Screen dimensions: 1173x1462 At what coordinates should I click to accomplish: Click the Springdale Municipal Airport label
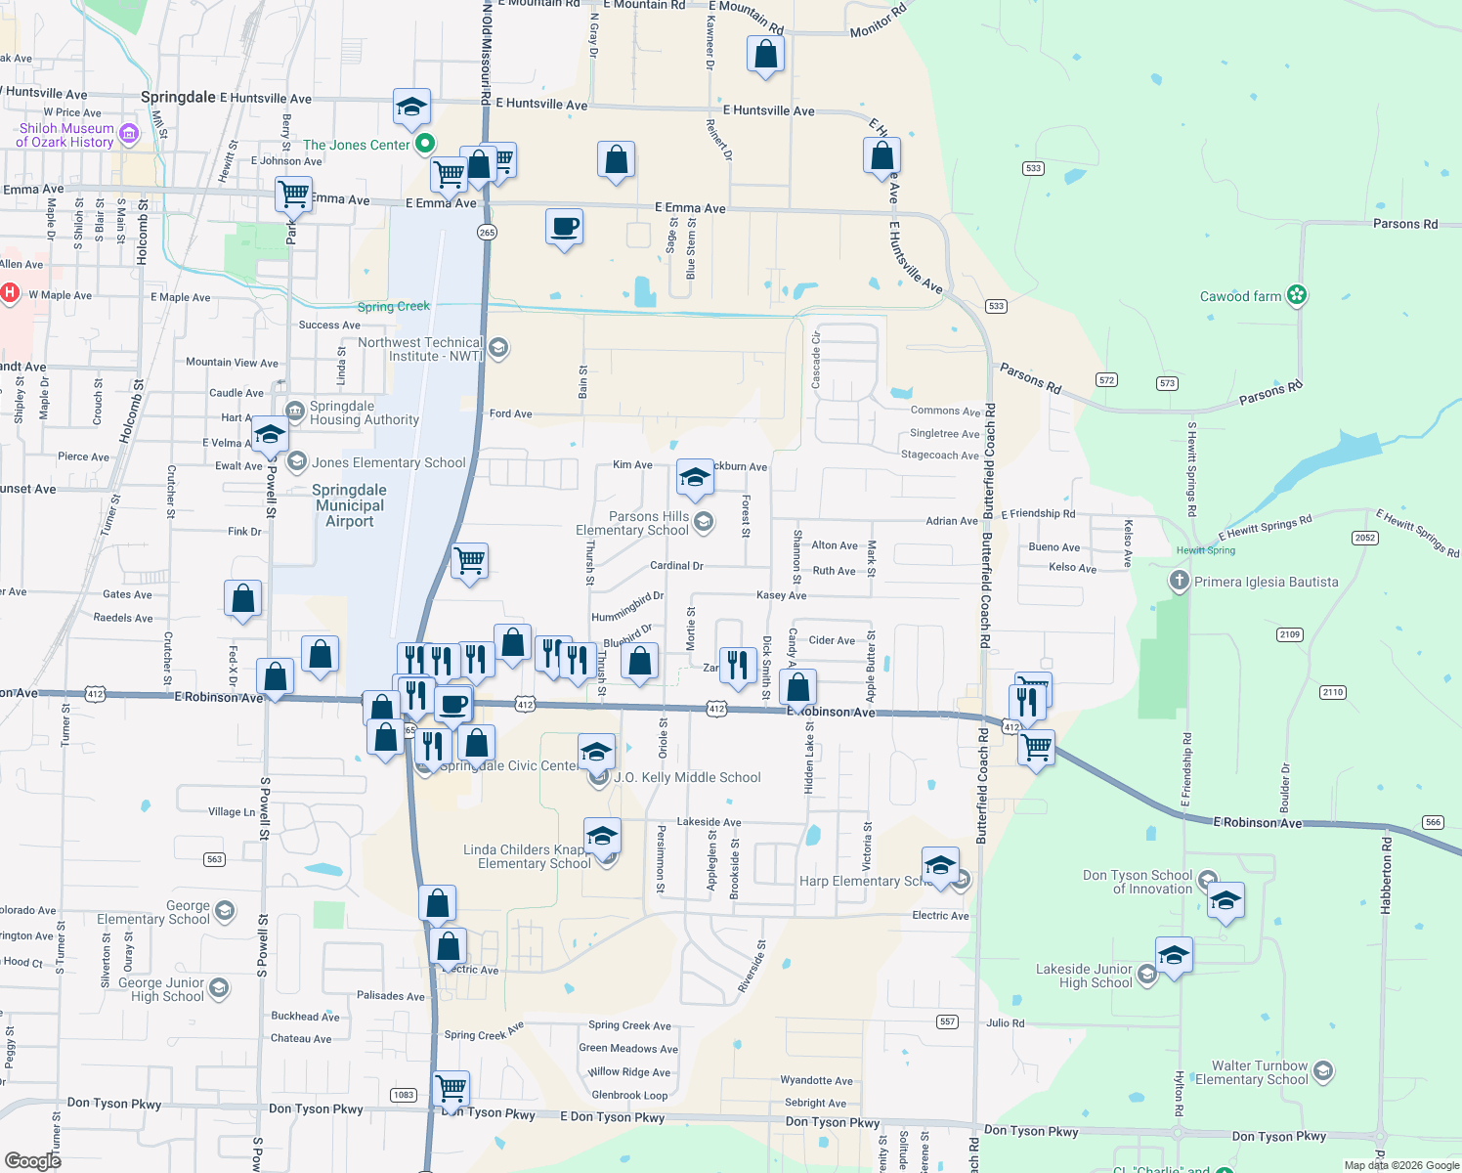(350, 505)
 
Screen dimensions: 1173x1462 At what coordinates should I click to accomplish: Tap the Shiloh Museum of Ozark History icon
(128, 134)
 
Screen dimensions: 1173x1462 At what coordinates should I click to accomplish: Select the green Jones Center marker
(425, 145)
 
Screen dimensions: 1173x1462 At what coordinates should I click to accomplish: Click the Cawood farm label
(1240, 296)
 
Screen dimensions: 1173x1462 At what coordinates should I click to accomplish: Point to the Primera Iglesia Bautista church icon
(1179, 582)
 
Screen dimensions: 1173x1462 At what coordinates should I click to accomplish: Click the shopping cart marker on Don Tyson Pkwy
(451, 1087)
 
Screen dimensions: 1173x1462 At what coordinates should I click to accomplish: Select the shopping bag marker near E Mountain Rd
(765, 55)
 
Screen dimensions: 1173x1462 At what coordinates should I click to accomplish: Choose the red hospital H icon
(10, 292)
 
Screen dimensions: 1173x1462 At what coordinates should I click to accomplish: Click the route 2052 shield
(1365, 538)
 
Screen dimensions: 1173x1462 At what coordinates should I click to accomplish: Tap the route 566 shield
(1434, 822)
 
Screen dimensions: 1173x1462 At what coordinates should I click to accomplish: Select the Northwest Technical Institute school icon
(498, 348)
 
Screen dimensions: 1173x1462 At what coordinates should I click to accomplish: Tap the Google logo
(32, 1160)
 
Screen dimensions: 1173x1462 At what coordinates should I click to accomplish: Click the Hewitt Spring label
(1206, 550)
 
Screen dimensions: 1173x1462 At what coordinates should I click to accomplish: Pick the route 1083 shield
(404, 1095)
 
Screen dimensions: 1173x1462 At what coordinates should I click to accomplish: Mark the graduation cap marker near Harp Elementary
(940, 866)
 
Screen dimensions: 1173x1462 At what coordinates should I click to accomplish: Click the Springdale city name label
(178, 97)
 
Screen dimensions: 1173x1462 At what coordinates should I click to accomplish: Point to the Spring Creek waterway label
(393, 307)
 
